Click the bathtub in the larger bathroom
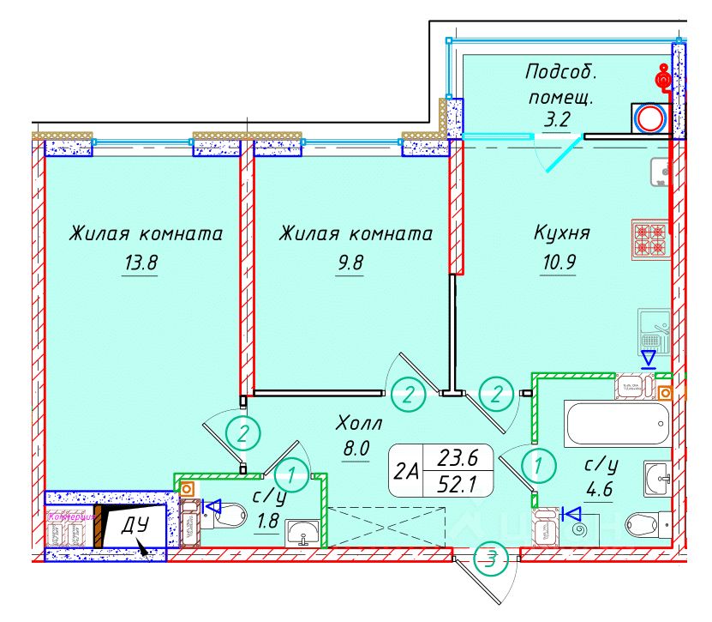pyautogui.click(x=617, y=423)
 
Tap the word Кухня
pyautogui.click(x=561, y=233)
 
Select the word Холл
pyautogui.click(x=359, y=422)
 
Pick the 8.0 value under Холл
pyautogui.click(x=354, y=449)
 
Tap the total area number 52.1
pyautogui.click(x=457, y=486)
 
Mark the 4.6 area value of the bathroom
pyautogui.click(x=601, y=492)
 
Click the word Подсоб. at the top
pyautogui.click(x=560, y=72)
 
